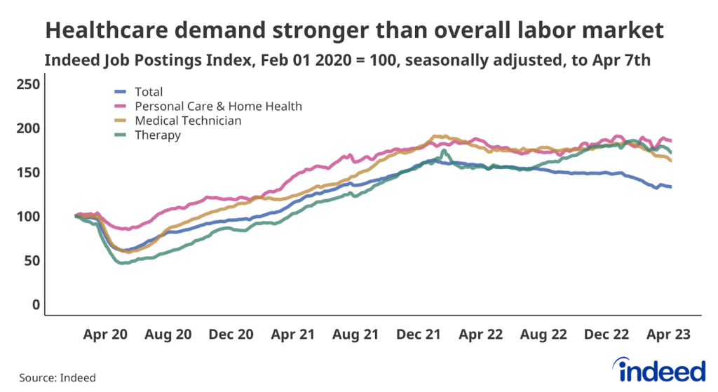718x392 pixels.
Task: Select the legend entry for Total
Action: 148,92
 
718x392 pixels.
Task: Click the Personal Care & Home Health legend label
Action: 218,107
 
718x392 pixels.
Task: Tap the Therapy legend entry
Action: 157,135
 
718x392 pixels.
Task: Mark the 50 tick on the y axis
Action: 33,261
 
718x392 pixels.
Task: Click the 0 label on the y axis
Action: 36,305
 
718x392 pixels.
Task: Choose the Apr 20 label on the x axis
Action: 106,335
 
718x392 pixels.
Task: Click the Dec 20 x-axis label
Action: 231,335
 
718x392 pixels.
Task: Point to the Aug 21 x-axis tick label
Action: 355,335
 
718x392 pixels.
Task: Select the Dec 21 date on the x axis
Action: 419,335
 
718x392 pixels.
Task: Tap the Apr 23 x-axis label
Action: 668,335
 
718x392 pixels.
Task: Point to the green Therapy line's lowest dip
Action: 123,263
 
